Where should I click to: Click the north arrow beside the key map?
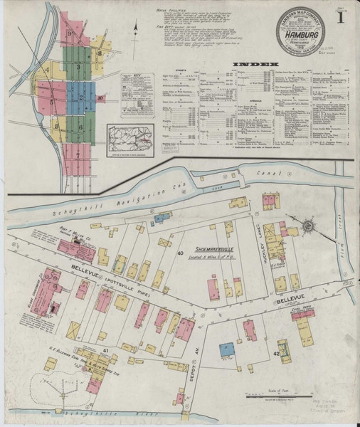coord(134,29)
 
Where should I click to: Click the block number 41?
coord(105,351)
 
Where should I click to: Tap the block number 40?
coord(181,253)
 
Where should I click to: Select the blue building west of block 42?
coord(226,349)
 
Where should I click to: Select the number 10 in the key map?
coord(100,97)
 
